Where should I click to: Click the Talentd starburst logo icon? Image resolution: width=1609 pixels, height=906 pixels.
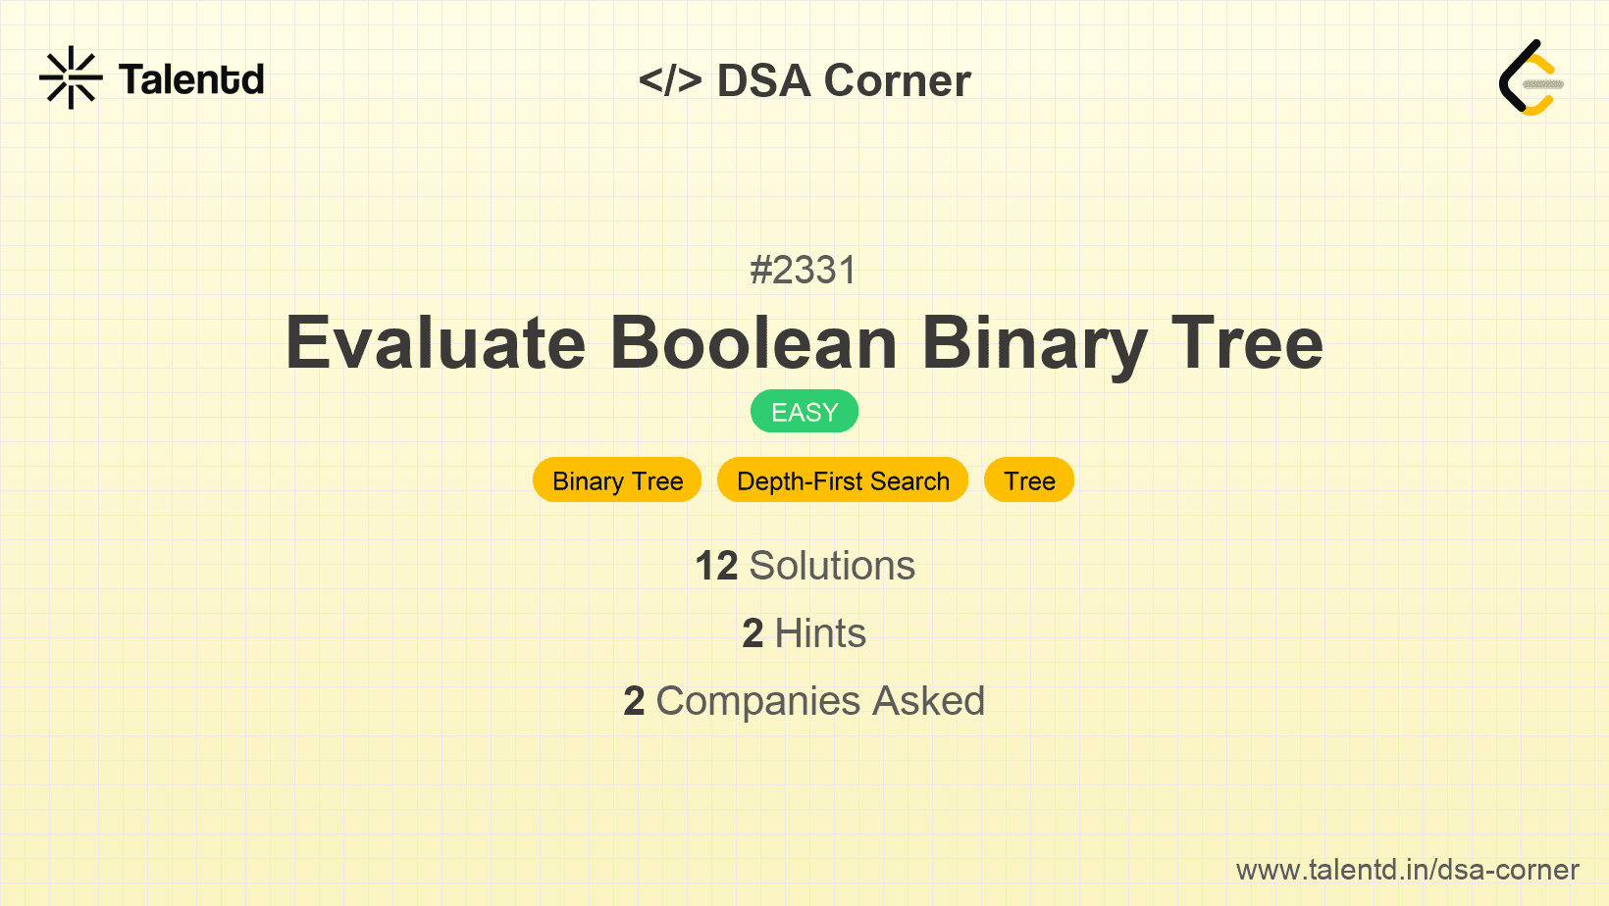click(71, 77)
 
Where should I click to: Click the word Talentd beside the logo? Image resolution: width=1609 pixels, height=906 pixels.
click(191, 79)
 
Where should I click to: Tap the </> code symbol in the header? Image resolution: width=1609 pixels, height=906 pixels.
click(670, 80)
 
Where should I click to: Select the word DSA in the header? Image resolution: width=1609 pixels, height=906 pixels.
click(763, 80)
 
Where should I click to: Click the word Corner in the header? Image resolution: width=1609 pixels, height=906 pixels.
click(897, 80)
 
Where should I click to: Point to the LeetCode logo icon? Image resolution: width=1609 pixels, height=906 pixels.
click(1531, 78)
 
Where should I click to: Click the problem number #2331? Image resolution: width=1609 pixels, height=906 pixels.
click(804, 271)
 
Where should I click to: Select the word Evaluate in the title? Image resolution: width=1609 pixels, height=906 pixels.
click(436, 343)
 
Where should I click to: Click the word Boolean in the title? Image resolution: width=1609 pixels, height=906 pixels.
click(753, 343)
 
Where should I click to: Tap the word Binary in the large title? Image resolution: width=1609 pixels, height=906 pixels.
click(1034, 343)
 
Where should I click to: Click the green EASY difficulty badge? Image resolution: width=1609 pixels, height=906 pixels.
click(804, 412)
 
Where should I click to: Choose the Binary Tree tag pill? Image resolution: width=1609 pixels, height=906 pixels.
click(617, 480)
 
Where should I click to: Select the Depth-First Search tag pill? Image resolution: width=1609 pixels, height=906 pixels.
click(843, 480)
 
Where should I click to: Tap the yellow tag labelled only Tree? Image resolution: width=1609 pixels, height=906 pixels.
click(1029, 480)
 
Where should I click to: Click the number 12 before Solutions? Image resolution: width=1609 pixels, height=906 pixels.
click(716, 566)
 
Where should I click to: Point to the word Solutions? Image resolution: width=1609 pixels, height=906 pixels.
click(832, 566)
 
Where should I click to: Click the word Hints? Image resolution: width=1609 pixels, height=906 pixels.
click(820, 633)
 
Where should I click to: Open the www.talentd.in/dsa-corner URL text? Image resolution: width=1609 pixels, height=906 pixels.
click(1407, 870)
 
